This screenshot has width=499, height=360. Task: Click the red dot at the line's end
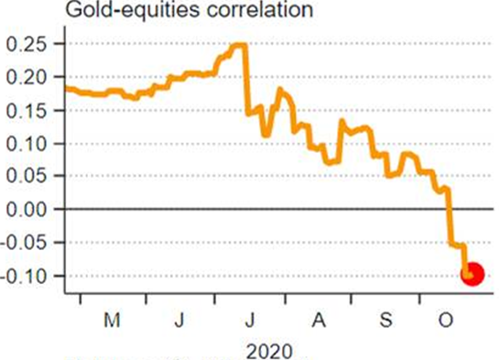click(x=472, y=273)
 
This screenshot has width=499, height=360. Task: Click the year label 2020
click(x=271, y=349)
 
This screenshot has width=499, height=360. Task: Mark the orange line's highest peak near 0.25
click(x=240, y=45)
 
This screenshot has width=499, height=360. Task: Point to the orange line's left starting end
click(x=65, y=88)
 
